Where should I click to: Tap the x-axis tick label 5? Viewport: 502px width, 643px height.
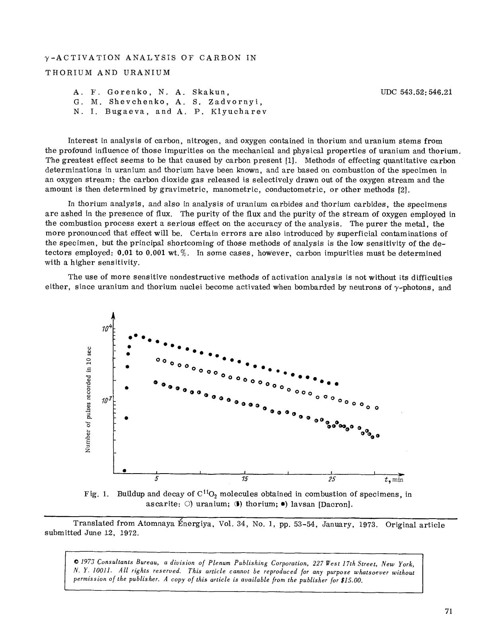tap(157, 479)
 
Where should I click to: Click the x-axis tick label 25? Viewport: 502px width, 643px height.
tap(332, 479)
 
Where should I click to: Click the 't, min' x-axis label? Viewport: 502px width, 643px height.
tap(394, 480)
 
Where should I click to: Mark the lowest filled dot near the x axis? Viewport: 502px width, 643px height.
tap(125, 470)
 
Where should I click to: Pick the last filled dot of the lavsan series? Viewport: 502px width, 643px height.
tap(336, 384)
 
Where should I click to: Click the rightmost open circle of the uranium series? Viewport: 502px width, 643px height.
tap(377, 408)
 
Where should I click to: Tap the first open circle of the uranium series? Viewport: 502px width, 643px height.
tap(158, 360)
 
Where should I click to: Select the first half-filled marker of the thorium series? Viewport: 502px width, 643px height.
tap(156, 382)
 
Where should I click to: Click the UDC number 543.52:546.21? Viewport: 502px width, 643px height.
tap(416, 92)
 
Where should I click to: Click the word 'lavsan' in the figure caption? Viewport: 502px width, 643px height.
tap(303, 504)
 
